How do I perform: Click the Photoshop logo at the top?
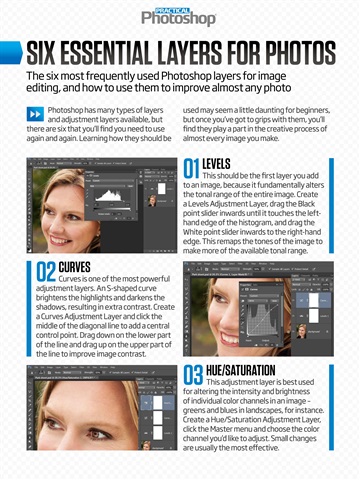[x=178, y=16]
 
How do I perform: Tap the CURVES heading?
[x=75, y=267]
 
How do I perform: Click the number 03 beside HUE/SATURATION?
[x=192, y=377]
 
